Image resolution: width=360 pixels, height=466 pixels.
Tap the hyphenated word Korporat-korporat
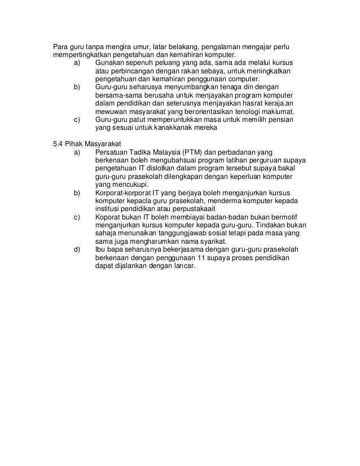(x=125, y=194)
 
